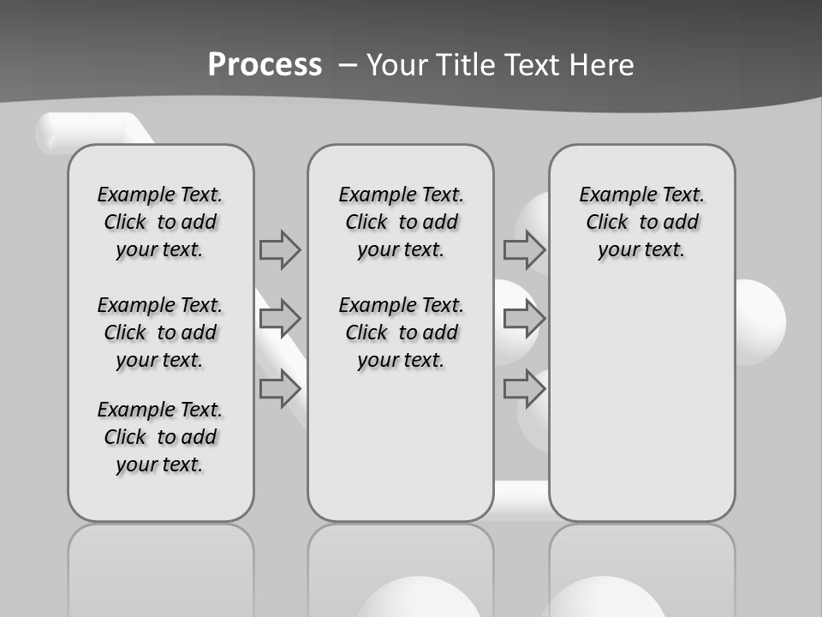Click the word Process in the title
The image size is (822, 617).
[x=265, y=65]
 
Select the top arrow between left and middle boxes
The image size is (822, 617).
[x=280, y=249]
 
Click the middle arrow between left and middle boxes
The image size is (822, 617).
[x=280, y=319]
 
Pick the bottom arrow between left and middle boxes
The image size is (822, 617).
[x=280, y=389]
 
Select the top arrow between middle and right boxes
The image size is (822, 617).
[x=524, y=249]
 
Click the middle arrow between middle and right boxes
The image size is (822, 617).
[x=524, y=319]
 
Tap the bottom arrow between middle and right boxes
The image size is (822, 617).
[x=524, y=389]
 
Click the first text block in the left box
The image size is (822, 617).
[x=160, y=222]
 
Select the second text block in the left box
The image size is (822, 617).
[x=160, y=332]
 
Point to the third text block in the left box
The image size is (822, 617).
[x=160, y=437]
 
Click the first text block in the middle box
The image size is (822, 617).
[x=402, y=222]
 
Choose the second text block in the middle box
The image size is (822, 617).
[x=402, y=332]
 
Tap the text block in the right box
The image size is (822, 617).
[x=642, y=222]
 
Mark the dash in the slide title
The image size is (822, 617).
[x=348, y=65]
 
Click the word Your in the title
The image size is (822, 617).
[x=398, y=65]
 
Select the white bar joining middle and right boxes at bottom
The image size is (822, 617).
[x=521, y=499]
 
